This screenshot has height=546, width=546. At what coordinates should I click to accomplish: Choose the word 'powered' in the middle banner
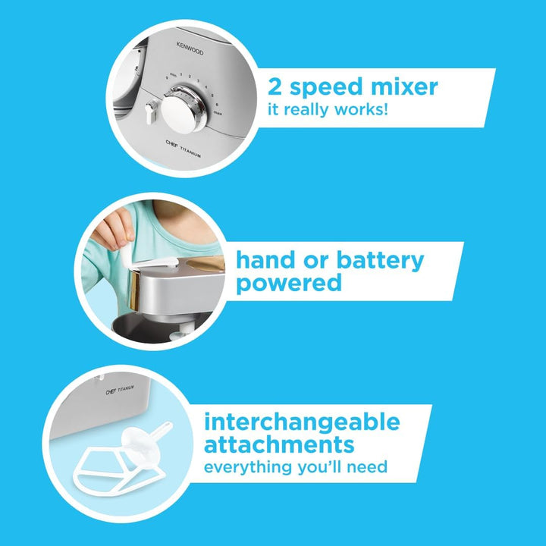pos(289,284)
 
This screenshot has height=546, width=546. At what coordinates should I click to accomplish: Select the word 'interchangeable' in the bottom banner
pos(301,421)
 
